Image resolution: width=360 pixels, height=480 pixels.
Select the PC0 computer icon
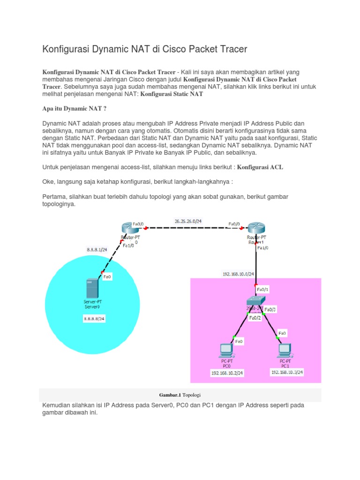point(226,350)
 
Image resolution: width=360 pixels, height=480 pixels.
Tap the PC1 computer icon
point(285,350)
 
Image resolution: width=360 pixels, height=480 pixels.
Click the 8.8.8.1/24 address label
point(97,250)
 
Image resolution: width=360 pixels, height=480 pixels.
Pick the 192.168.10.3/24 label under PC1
point(287,372)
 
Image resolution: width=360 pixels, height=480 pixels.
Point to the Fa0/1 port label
point(262,290)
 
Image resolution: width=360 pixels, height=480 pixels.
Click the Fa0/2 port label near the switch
point(255,317)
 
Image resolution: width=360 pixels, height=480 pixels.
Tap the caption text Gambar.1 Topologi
point(180,395)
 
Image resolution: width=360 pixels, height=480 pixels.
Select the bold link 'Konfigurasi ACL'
point(260,167)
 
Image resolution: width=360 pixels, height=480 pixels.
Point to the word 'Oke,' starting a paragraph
point(49,181)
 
